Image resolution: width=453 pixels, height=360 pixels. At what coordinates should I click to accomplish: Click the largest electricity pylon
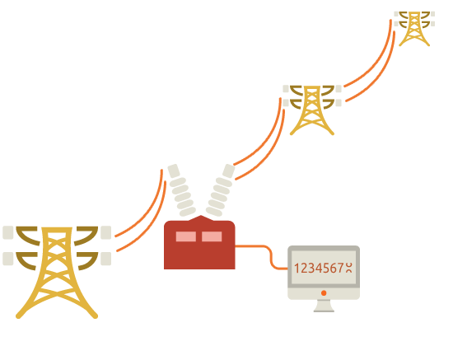point(57,272)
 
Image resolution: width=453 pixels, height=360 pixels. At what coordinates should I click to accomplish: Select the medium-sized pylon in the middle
point(312,110)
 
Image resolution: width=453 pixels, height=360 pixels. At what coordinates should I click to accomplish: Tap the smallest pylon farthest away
point(414,28)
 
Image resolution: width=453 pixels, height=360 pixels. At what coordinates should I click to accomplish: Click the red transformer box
point(199,243)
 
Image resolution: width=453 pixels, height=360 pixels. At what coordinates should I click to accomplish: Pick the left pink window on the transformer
point(186,236)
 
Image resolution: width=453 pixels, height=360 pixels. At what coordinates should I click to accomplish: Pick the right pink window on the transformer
point(212,236)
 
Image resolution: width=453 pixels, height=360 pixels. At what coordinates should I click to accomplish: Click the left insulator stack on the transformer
point(181,190)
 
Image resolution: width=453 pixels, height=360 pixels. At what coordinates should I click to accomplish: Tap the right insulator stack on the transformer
point(221,190)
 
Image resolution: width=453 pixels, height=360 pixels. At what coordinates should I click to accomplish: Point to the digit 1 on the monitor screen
point(297,268)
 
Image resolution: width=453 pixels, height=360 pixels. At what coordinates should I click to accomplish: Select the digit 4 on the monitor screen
point(319,268)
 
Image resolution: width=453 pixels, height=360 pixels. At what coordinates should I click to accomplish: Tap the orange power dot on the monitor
point(324,293)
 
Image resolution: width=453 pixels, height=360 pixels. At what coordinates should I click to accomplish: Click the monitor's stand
point(324,306)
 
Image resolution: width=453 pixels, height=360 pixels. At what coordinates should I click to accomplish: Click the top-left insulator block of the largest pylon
point(8,232)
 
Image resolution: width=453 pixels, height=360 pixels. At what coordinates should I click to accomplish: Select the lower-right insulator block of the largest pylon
point(106,259)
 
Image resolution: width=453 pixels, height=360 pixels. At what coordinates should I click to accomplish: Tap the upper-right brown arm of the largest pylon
point(86,235)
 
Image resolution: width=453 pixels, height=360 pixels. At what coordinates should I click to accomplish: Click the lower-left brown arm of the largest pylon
point(26,261)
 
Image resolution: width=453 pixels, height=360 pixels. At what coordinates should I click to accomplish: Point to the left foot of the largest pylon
point(18,316)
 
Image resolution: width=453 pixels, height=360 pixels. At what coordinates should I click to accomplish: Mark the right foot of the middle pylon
point(332,133)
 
